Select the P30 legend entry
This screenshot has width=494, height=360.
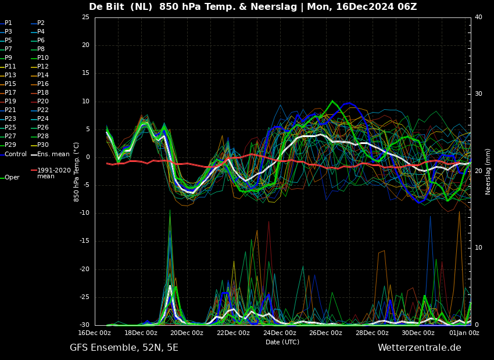pos(43,145)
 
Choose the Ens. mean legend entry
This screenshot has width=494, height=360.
pos(53,154)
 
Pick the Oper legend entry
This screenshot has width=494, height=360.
pos(12,178)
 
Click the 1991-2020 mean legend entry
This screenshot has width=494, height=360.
pos(53,173)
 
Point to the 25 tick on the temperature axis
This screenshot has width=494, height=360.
pos(85,17)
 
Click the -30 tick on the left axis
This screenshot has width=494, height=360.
pos(84,325)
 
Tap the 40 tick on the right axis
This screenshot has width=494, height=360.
pos(478,17)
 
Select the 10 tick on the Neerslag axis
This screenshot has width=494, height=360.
pos(478,248)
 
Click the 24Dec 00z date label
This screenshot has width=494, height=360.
pos(280,333)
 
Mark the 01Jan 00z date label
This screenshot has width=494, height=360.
pos(464,333)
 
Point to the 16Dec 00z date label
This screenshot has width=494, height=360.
pos(95,333)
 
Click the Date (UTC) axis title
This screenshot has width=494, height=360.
pos(282,342)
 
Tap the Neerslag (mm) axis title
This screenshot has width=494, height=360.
pos(488,171)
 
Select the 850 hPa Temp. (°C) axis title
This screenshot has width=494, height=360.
pos(77,171)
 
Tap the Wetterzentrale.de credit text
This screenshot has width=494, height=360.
pos(419,348)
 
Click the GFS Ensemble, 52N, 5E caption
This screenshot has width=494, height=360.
pos(124,348)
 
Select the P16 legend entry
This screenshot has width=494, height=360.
pos(43,84)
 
